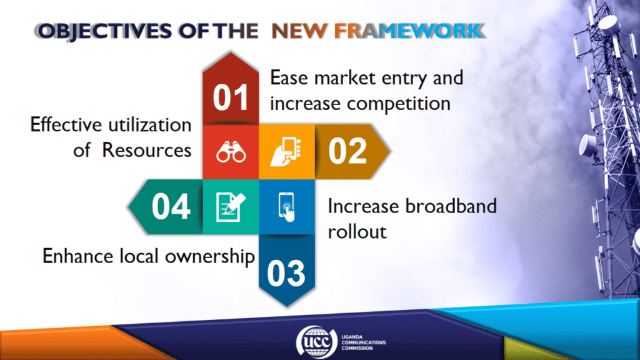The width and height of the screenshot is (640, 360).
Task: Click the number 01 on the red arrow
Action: [x=231, y=97]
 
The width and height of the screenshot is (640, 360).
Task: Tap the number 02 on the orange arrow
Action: [x=347, y=151]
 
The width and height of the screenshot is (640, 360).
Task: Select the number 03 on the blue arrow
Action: [x=286, y=273]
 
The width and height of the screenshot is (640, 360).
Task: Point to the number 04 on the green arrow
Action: [x=171, y=206]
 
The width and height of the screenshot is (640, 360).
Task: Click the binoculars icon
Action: [x=231, y=152]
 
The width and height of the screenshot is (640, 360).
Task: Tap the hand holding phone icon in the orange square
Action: [x=286, y=151]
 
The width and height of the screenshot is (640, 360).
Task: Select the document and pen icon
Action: [x=231, y=207]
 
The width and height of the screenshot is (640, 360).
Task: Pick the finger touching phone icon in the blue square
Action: [x=287, y=207]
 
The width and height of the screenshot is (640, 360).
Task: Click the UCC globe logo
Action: [x=316, y=342]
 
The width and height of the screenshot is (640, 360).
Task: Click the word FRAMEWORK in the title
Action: [x=409, y=31]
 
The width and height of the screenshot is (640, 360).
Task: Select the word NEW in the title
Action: [x=299, y=31]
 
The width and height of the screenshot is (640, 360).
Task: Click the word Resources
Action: [x=146, y=150]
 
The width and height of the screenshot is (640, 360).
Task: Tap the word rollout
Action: [x=357, y=232]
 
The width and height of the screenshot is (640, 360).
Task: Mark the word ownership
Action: [x=210, y=257]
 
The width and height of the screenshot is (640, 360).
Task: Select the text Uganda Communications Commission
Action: [x=363, y=342]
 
